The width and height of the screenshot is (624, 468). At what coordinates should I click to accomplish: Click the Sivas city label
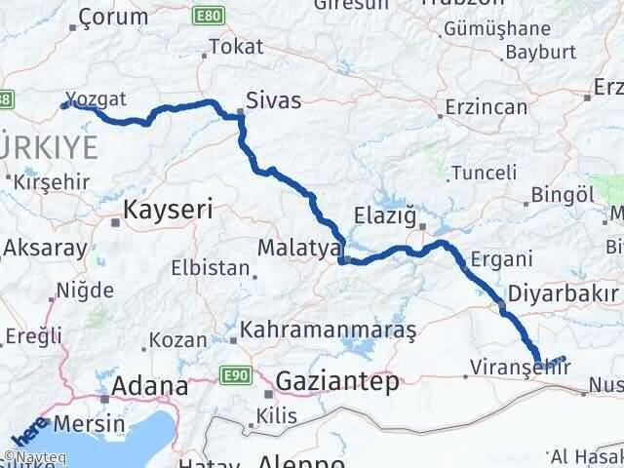tap(273, 99)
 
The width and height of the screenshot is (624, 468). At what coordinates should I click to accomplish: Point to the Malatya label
tap(297, 249)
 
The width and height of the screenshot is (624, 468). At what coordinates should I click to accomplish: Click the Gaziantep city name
tap(337, 381)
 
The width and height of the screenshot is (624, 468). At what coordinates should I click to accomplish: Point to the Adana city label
tap(150, 385)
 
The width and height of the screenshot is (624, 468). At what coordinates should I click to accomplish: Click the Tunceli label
tap(485, 173)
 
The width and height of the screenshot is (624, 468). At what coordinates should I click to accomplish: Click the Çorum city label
tap(113, 17)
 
